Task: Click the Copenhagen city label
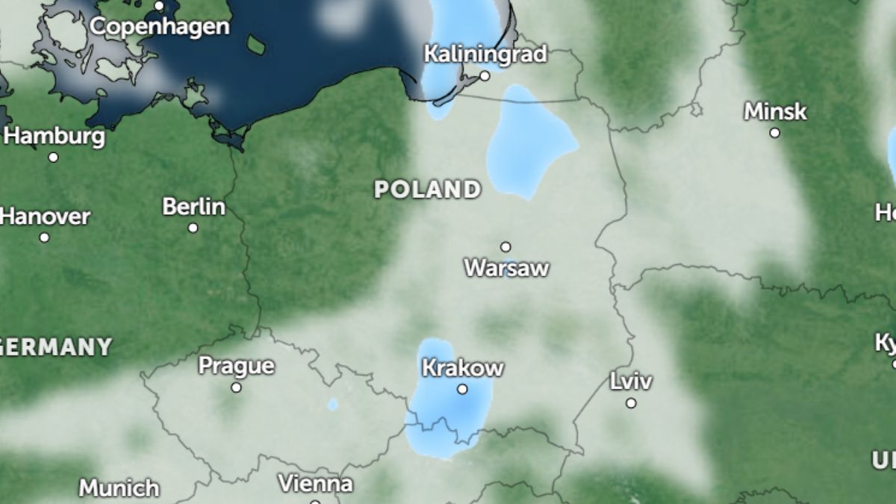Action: (160, 27)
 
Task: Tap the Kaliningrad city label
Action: (485, 55)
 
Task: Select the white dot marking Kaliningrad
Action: (485, 75)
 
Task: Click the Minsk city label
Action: (775, 112)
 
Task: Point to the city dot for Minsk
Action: (775, 133)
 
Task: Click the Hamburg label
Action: (55, 137)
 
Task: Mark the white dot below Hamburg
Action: (53, 158)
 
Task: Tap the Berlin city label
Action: (193, 207)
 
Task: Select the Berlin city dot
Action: (193, 228)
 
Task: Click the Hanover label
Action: (45, 217)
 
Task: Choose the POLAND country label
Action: (427, 190)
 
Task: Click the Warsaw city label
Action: (506, 268)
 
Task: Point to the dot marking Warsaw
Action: (505, 247)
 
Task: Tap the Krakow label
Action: (463, 368)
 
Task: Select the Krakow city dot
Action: (462, 389)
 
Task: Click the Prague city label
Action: (236, 367)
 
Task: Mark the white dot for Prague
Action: (236, 388)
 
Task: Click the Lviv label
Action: (631, 382)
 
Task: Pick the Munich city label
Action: (119, 488)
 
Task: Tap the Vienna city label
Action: (315, 484)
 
